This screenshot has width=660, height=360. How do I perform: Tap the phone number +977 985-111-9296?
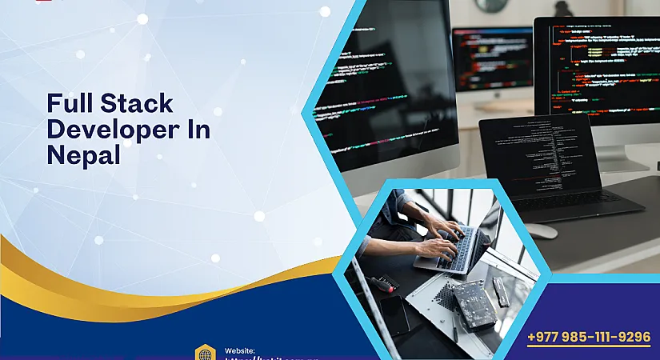(x=589, y=337)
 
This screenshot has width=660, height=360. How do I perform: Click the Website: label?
(x=240, y=350)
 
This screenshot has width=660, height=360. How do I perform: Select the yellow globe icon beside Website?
(x=205, y=353)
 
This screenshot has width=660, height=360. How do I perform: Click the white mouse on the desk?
(x=542, y=230)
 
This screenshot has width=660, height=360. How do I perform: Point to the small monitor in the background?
(x=492, y=60)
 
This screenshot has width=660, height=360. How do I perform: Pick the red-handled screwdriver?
(x=386, y=282)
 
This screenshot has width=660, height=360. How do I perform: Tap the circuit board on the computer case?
(x=474, y=302)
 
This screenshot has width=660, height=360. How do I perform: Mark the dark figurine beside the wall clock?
(x=563, y=8)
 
